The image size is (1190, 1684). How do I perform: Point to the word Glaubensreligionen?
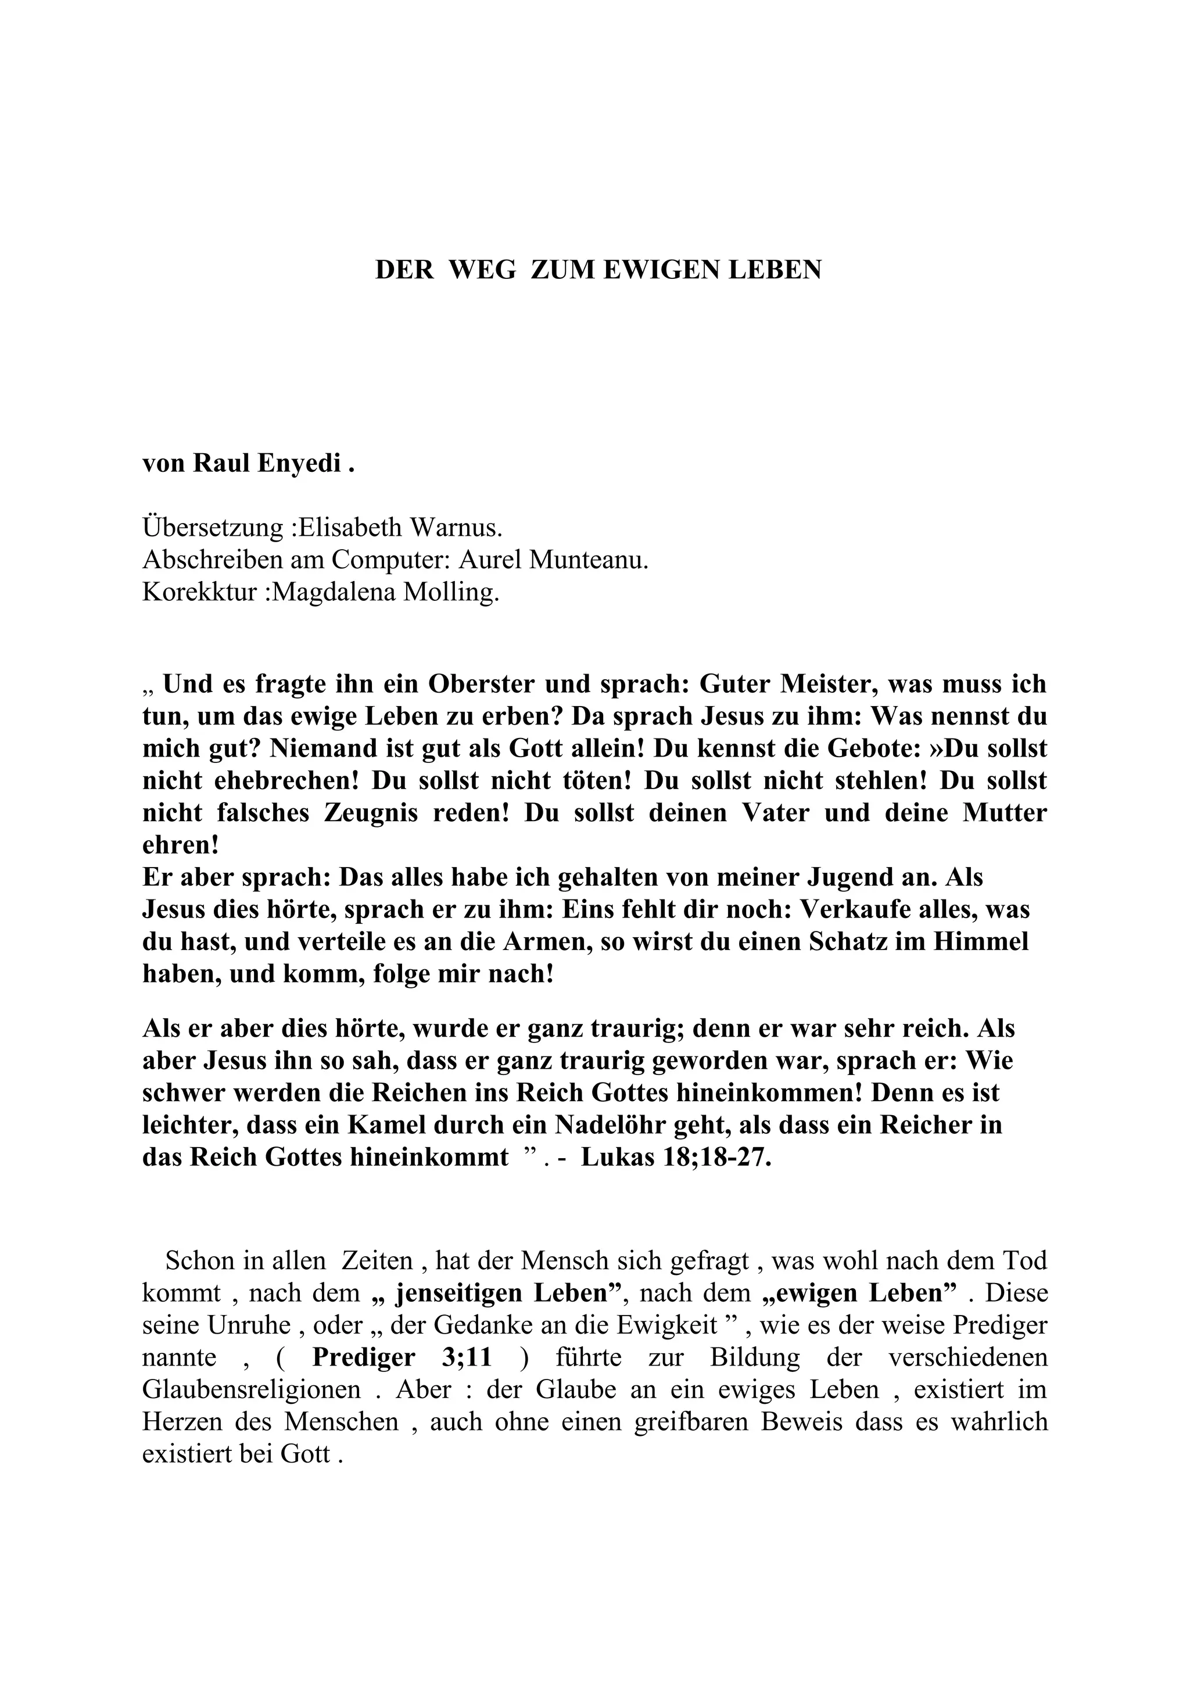pos(252,1390)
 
